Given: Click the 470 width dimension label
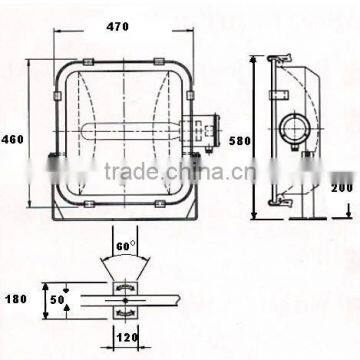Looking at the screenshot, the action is pyautogui.click(x=117, y=26).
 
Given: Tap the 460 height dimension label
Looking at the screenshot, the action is pyautogui.click(x=13, y=139).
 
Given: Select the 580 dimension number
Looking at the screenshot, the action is pyautogui.click(x=240, y=141).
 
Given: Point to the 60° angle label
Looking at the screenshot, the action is pyautogui.click(x=126, y=246).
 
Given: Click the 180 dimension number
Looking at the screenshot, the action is pyautogui.click(x=16, y=299).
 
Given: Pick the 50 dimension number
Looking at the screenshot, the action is pyautogui.click(x=57, y=300).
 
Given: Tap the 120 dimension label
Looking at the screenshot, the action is pyautogui.click(x=127, y=338).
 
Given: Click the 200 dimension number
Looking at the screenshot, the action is pyautogui.click(x=342, y=188).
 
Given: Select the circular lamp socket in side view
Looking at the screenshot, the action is pyautogui.click(x=294, y=128).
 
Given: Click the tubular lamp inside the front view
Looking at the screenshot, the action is pyautogui.click(x=131, y=131).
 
